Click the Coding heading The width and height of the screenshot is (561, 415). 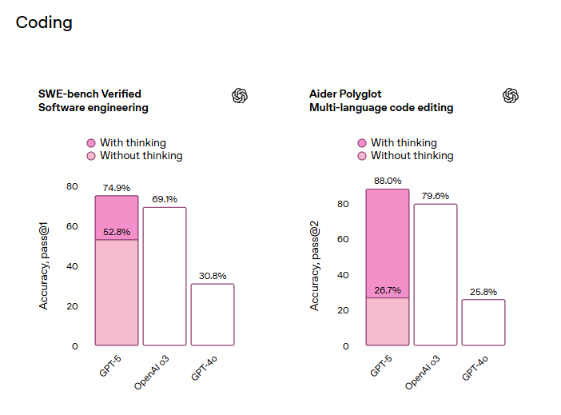click(x=44, y=22)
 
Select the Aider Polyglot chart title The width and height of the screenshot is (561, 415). click(x=348, y=94)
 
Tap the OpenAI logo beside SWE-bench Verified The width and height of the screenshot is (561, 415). click(x=240, y=96)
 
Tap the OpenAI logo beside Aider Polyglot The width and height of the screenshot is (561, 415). click(x=511, y=96)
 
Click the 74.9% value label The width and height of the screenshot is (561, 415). click(x=116, y=188)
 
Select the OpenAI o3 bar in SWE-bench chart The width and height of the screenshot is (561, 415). click(x=165, y=276)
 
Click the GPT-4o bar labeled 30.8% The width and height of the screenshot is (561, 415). click(x=213, y=314)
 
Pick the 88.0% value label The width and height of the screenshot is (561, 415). click(x=388, y=181)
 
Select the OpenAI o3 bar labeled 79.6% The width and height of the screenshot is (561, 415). click(x=436, y=274)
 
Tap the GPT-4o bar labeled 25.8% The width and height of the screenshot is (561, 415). click(x=483, y=322)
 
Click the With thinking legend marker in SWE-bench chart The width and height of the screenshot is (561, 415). click(x=91, y=143)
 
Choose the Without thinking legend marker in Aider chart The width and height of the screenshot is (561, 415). click(x=362, y=156)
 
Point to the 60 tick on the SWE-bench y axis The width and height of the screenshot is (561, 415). click(x=72, y=226)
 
